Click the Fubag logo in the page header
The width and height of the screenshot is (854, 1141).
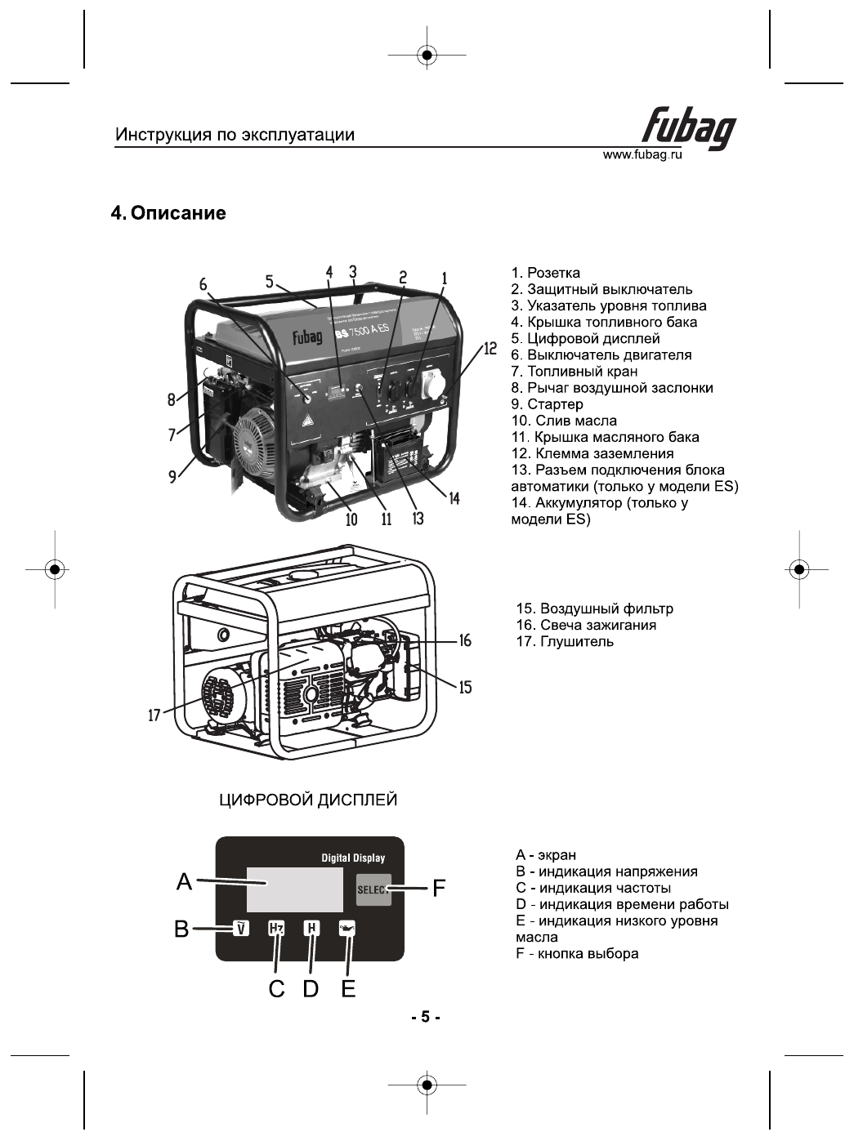point(688,129)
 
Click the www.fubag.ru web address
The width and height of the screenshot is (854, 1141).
point(642,155)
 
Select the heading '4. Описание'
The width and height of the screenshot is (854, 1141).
point(168,214)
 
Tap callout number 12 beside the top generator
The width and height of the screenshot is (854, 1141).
point(490,349)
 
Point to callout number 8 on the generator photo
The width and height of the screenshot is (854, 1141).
point(172,399)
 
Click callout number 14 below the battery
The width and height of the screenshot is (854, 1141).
point(454,498)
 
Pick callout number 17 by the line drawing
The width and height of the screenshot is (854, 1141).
point(154,716)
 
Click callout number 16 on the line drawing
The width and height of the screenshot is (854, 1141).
point(465,641)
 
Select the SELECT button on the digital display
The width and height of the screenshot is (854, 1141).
point(373,889)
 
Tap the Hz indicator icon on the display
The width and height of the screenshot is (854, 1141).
point(276,929)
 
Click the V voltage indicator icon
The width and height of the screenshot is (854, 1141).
point(241,929)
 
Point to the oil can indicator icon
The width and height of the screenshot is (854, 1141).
point(349,929)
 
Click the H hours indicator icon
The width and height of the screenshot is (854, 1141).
point(311,929)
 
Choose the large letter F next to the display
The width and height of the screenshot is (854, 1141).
point(439,889)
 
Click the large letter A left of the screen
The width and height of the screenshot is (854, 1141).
point(185,882)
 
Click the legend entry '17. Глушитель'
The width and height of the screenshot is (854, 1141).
point(565,642)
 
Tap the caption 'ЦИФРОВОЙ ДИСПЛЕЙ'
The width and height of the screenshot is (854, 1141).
point(308,800)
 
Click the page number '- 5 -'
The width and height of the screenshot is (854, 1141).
point(426,1018)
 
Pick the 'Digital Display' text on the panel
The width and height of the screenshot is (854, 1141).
point(353,858)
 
